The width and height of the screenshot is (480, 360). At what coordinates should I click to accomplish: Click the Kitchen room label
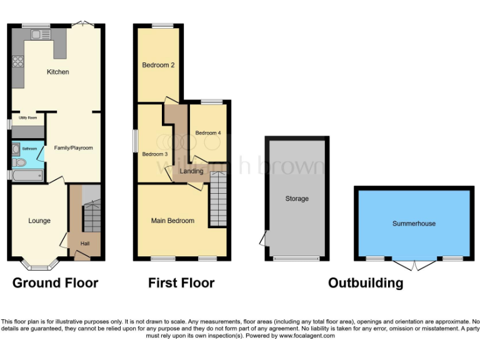[57, 72]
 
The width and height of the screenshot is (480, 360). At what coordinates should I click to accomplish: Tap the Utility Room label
[27, 117]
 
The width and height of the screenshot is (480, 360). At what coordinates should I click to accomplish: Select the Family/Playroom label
[74, 148]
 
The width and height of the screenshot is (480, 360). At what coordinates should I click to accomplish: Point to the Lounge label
[39, 221]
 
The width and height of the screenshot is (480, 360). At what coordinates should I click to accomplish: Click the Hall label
[84, 244]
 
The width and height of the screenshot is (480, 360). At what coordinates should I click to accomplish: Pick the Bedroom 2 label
[157, 65]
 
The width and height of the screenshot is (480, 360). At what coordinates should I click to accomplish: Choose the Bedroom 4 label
[208, 133]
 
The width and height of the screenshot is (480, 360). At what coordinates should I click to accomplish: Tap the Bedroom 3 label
[155, 154]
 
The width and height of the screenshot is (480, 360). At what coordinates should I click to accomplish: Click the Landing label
[191, 171]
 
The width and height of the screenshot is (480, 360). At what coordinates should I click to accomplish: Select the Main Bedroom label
[172, 221]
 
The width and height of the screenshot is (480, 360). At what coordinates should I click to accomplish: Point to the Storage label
[297, 199]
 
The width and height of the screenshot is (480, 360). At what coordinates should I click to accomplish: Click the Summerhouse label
[414, 223]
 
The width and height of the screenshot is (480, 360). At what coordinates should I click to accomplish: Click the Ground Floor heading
[55, 283]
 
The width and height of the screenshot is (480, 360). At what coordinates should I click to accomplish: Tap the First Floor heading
[181, 283]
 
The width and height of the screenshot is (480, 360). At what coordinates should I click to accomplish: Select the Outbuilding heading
[366, 283]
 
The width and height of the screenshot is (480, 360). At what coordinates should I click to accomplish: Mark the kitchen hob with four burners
[17, 61]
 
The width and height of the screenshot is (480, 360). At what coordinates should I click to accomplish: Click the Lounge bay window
[39, 266]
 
